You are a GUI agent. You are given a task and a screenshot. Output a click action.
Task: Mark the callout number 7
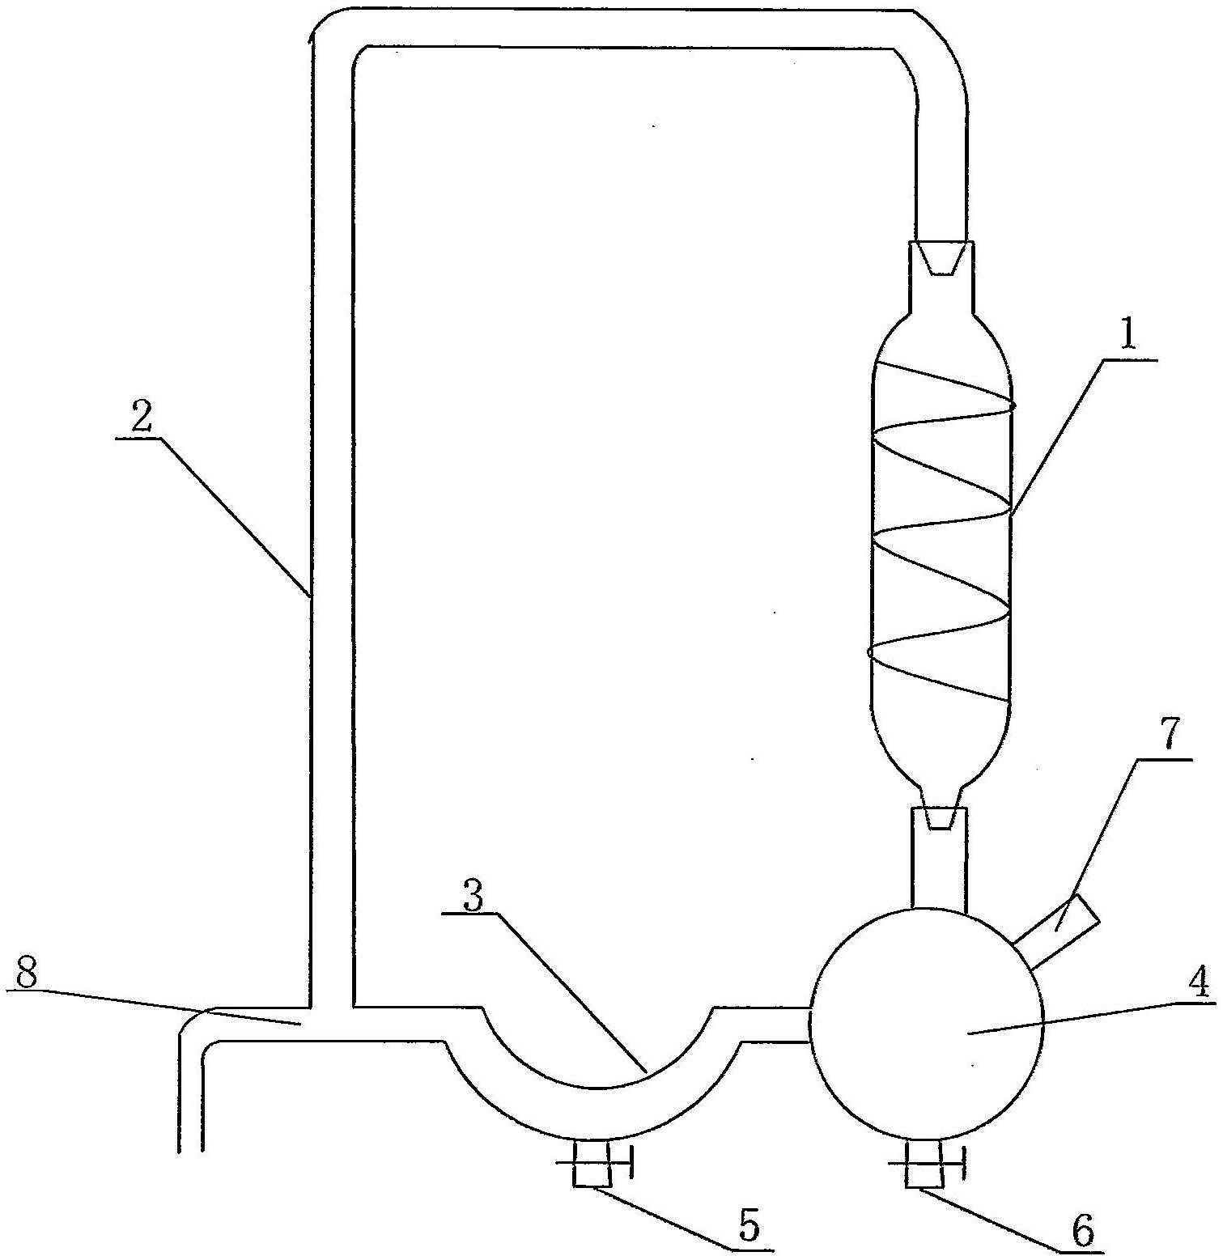pyautogui.click(x=1172, y=733)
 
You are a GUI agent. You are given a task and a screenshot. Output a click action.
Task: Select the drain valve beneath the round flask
pyautogui.click(x=926, y=1164)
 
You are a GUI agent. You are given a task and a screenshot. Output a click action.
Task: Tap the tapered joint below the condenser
pyautogui.click(x=939, y=817)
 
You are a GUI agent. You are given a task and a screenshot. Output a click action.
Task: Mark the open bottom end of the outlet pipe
pyautogui.click(x=191, y=1150)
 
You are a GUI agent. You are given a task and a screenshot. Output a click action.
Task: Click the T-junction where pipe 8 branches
pyautogui.click(x=331, y=1024)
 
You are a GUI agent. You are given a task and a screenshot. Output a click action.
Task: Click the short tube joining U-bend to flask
pyautogui.click(x=772, y=1025)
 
